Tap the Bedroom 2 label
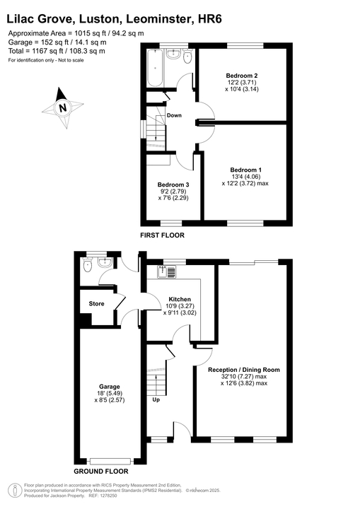tap(240, 76)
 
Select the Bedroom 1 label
tap(245, 170)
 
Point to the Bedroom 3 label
tap(173, 185)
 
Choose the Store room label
tap(96, 304)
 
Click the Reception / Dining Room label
tap(243, 370)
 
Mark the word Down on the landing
tap(174, 115)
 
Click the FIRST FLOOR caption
tap(162, 234)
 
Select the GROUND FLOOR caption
tap(100, 470)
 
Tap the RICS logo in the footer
tap(13, 489)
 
